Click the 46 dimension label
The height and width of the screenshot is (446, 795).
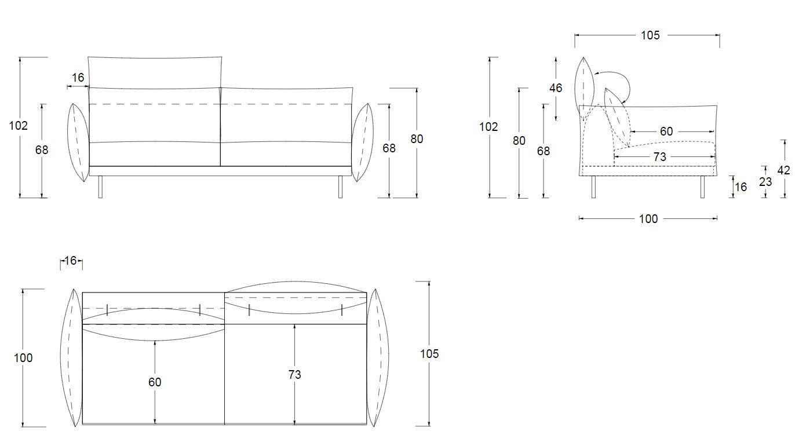[x=556, y=87]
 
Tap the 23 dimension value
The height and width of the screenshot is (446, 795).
[x=765, y=182]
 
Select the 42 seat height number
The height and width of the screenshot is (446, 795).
[x=783, y=170]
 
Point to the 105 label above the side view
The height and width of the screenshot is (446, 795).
[x=650, y=35]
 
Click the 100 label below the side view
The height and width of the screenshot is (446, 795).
[x=648, y=218]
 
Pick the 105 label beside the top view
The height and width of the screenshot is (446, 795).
[x=429, y=354]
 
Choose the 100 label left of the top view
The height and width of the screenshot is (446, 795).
[x=23, y=357]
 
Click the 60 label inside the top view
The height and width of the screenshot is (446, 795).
[x=155, y=382]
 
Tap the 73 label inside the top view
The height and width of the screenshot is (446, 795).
[x=294, y=374]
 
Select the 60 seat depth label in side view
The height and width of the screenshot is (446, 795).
[x=666, y=131]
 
